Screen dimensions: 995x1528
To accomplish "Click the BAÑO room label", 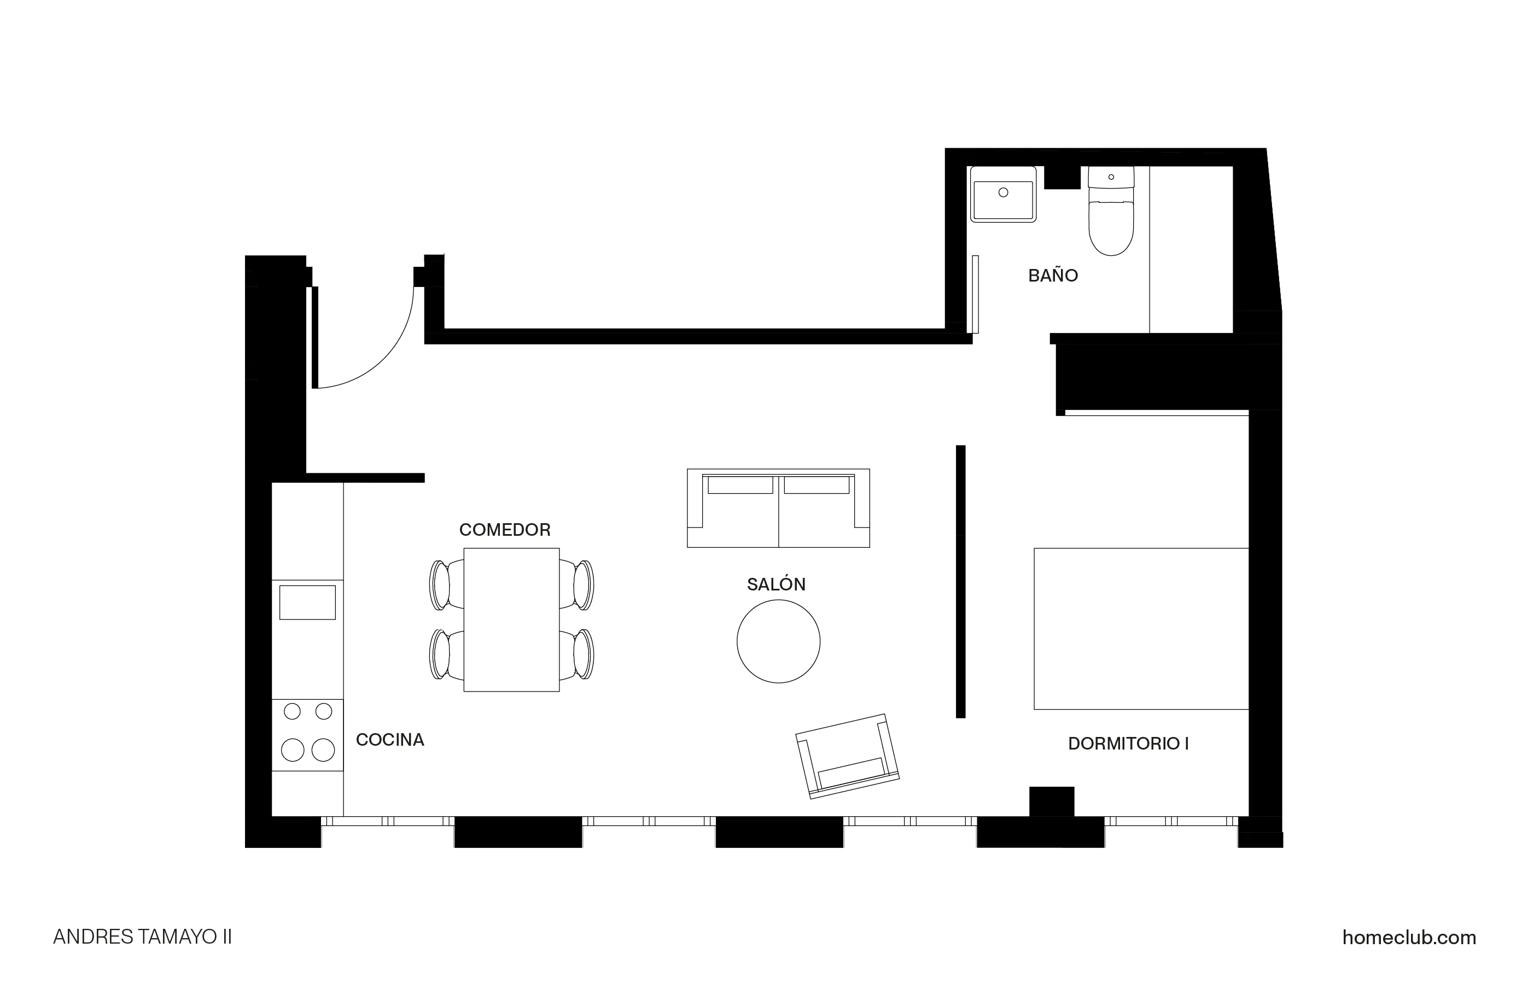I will [1053, 276].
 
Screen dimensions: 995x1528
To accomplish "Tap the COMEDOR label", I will [505, 530].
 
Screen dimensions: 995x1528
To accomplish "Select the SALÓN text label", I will [775, 584].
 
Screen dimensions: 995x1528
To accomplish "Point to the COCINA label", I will [390, 740].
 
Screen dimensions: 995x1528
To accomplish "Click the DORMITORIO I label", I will [1128, 744].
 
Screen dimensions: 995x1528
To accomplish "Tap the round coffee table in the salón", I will [778, 641].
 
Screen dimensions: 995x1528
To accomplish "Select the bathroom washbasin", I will [1003, 195].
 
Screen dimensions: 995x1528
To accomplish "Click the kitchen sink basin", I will [307, 602].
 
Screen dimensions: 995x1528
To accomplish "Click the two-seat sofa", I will [778, 508].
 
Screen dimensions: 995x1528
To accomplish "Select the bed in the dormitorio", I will [1141, 629].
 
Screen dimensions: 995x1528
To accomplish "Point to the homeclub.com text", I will [1409, 937].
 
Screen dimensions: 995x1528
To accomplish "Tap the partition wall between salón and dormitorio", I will [960, 581].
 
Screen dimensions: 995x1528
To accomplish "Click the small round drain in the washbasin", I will [1003, 192].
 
